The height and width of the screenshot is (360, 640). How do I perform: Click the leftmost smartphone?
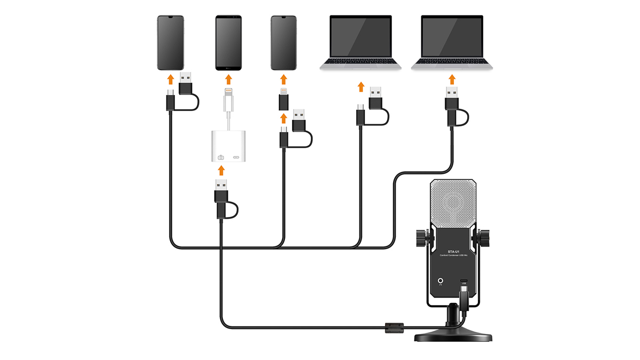[171, 43]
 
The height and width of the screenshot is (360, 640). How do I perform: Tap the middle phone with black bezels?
[228, 43]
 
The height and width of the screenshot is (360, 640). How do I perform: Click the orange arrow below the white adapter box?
[221, 171]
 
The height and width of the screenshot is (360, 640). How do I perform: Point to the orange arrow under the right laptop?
[452, 79]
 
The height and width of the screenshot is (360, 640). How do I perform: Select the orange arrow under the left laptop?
[361, 86]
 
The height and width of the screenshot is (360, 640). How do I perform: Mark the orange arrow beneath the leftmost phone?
[171, 79]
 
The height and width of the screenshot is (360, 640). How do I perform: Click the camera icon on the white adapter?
[221, 157]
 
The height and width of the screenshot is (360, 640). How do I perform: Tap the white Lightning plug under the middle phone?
[229, 99]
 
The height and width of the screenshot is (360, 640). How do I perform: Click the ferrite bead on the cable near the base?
[393, 327]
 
